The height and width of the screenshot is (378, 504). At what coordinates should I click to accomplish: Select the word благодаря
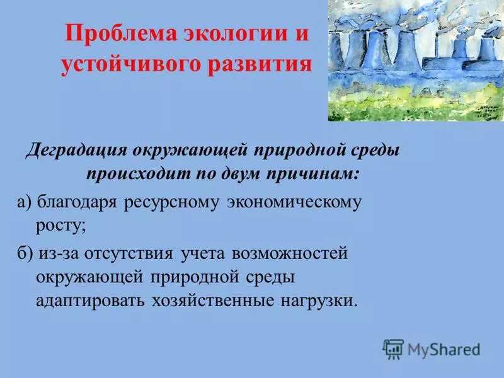(80, 202)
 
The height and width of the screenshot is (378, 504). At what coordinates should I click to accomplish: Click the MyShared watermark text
(444, 348)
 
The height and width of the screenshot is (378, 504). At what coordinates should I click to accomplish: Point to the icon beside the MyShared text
(393, 348)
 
